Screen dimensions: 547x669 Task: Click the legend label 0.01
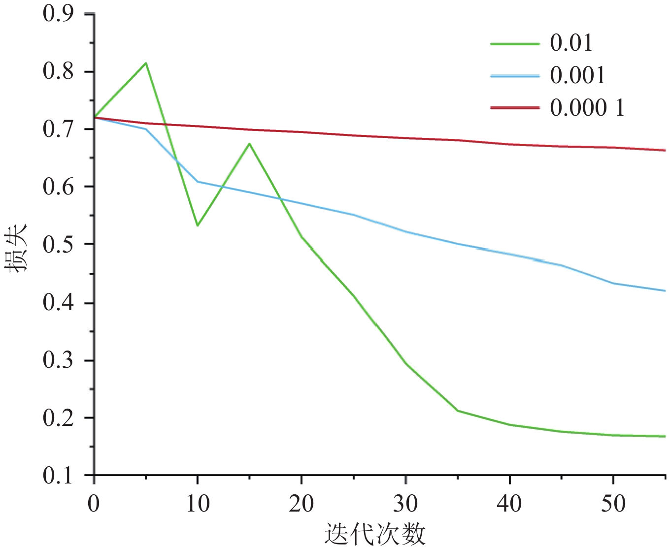571,43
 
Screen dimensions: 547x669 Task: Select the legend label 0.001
577,75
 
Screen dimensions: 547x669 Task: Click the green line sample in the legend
515,44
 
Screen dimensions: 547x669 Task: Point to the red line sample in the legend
515,108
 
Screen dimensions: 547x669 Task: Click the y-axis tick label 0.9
58,14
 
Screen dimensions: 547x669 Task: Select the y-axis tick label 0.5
58,245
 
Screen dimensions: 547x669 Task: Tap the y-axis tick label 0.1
58,476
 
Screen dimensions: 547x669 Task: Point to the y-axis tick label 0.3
58,360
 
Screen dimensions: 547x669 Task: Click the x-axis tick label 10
198,504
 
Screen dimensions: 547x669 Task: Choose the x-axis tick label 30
405,504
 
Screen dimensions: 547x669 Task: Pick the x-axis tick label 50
613,504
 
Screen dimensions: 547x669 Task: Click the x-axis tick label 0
94,504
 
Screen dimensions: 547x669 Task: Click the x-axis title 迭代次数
375,534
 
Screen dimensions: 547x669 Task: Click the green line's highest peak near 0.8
146,63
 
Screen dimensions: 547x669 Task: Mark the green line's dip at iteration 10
198,225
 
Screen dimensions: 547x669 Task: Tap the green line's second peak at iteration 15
250,143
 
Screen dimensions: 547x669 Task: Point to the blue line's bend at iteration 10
198,182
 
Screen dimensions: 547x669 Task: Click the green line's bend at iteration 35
458,411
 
